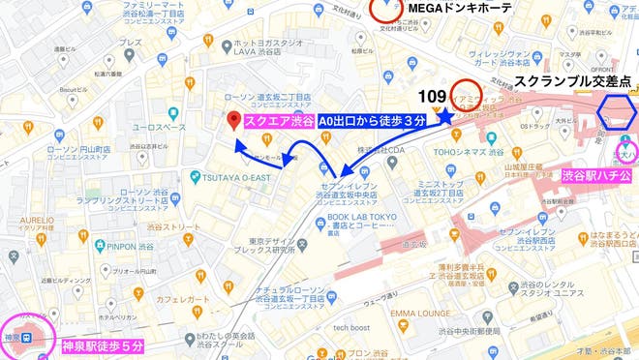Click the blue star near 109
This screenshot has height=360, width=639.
446,115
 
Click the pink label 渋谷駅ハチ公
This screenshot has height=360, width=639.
596,176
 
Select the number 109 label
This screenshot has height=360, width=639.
433,97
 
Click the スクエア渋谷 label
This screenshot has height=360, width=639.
280,121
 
